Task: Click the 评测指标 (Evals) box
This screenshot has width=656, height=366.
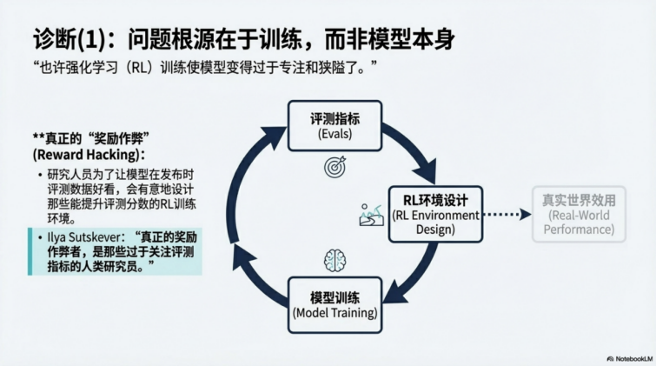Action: coord(334,125)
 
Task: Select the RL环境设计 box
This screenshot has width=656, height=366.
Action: coord(434,214)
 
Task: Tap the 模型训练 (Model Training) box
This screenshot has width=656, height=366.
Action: coord(335,303)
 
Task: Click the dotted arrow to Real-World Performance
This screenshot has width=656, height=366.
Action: coord(506,214)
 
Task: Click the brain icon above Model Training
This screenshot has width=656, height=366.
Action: coord(335,259)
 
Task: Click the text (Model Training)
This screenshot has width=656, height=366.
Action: coord(335,312)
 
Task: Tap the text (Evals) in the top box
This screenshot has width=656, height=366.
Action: coord(334,134)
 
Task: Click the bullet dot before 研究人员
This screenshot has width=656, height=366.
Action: coord(42,175)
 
